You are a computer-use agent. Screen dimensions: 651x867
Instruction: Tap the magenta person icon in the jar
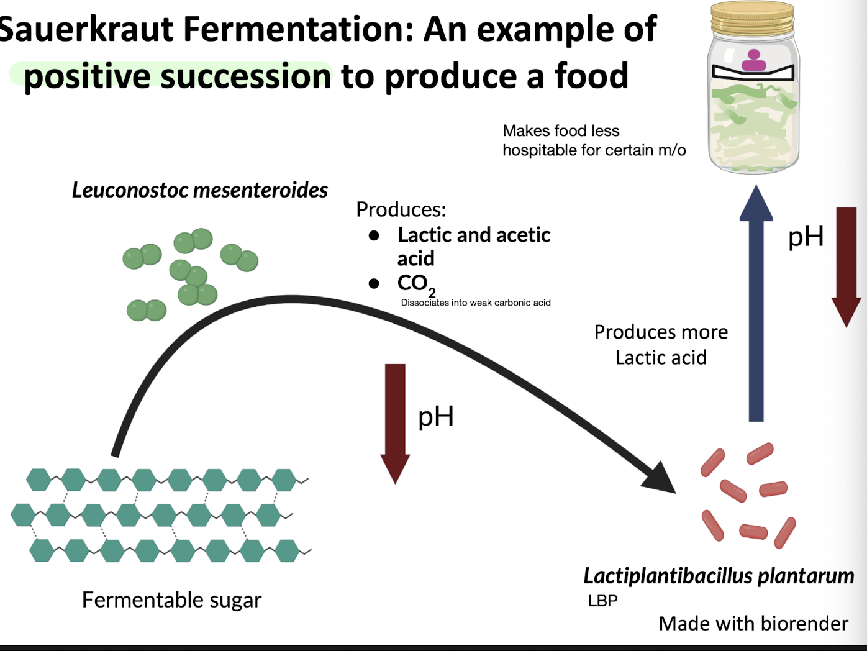tap(754, 61)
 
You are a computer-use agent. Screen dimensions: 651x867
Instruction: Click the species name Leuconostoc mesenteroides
tap(199, 190)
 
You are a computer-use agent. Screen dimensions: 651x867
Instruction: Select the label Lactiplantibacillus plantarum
tap(719, 576)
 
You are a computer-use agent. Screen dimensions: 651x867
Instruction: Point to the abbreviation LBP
tap(602, 601)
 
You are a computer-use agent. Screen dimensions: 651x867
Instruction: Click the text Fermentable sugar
tap(171, 599)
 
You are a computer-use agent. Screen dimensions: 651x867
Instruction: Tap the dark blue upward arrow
tap(756, 304)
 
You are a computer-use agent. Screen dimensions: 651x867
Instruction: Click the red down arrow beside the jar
tap(846, 267)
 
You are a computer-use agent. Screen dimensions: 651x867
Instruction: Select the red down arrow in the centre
tap(395, 422)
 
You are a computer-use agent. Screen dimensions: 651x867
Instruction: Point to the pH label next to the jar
tap(806, 237)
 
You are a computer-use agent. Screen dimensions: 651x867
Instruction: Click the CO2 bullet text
tap(415, 284)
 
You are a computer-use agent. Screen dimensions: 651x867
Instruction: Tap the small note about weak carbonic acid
tap(476, 303)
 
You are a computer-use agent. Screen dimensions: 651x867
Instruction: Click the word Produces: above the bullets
tap(401, 209)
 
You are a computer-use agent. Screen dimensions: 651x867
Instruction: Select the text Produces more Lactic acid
tap(661, 345)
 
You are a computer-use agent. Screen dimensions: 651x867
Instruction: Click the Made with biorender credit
tap(753, 623)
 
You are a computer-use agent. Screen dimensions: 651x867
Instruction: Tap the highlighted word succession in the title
tap(247, 76)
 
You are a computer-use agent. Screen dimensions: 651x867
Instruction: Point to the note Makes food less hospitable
tap(594, 140)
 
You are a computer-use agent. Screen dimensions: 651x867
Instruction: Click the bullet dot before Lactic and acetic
tap(374, 235)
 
